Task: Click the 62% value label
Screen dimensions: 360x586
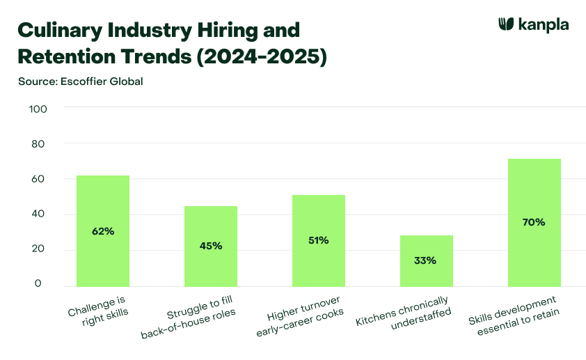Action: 102,230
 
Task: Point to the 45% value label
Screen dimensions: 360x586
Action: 210,246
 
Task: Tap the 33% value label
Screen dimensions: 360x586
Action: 426,260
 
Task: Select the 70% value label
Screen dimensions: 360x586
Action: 534,222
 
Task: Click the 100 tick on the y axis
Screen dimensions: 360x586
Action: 38,109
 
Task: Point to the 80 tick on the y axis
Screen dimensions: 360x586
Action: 38,144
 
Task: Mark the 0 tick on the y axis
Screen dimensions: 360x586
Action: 38,284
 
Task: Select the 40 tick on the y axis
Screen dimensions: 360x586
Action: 38,214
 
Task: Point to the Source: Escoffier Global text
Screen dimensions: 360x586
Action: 80,81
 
